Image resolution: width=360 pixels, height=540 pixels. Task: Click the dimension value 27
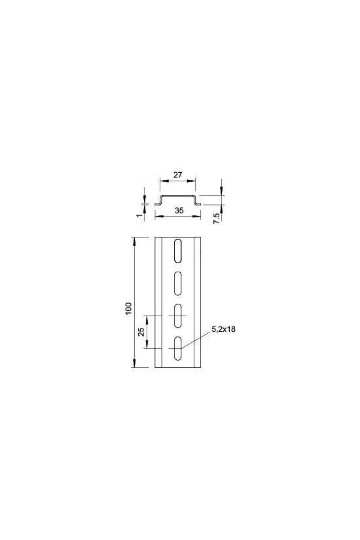pyautogui.click(x=177, y=175)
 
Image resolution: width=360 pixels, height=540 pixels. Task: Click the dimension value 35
pyautogui.click(x=179, y=210)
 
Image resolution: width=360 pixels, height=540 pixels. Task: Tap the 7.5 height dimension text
pyautogui.click(x=217, y=219)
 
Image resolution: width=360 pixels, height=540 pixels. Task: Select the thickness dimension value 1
pyautogui.click(x=139, y=215)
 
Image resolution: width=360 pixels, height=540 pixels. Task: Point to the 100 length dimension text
pyautogui.click(x=128, y=309)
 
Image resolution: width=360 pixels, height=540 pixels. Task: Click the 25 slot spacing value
pyautogui.click(x=141, y=332)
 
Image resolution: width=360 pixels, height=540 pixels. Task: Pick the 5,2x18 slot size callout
pyautogui.click(x=224, y=329)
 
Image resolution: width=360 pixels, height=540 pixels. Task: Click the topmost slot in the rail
pyautogui.click(x=177, y=251)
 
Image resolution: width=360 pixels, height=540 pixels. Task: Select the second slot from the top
pyautogui.click(x=177, y=283)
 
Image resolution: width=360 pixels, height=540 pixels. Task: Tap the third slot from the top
pyautogui.click(x=178, y=315)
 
